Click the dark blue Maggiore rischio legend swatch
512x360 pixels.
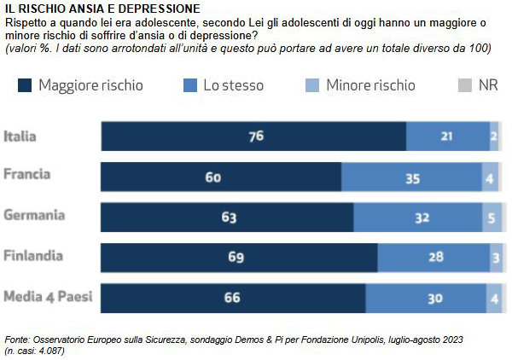tap(24, 85)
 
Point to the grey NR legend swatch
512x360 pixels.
tap(465, 85)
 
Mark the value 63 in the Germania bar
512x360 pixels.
tap(228, 218)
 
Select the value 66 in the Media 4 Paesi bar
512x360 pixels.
tap(233, 298)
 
